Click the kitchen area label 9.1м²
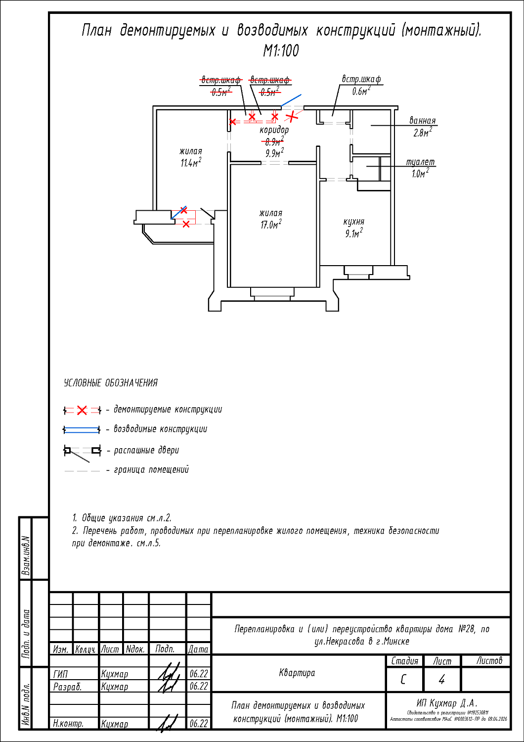[x=353, y=233]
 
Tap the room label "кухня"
[x=353, y=222]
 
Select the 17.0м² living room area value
[x=270, y=225]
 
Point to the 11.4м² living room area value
[x=190, y=163]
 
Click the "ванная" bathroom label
[x=422, y=121]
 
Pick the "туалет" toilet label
[x=420, y=162]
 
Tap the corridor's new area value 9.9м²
[x=274, y=153]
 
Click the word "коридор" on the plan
[x=274, y=130]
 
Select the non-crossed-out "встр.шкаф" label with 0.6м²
[x=361, y=79]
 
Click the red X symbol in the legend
[x=82, y=410]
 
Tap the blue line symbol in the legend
[x=82, y=429]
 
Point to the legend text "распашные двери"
[x=146, y=450]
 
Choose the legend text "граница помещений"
[x=151, y=469]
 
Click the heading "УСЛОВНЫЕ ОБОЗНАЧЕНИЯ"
[x=111, y=383]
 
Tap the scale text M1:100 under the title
[x=281, y=50]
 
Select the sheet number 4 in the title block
[x=441, y=680]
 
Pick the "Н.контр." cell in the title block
[x=68, y=723]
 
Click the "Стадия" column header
[x=404, y=661]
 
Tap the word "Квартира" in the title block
[x=297, y=673]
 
